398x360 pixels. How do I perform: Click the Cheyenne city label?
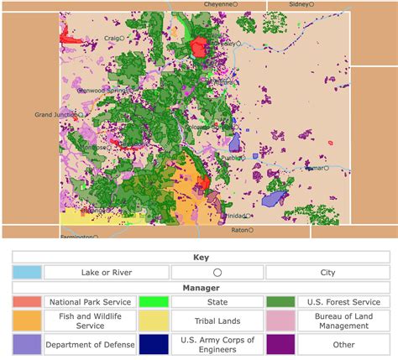click(x=217, y=4)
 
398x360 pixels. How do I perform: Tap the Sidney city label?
click(x=299, y=4)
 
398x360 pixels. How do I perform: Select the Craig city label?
click(x=111, y=38)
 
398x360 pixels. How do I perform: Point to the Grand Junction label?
click(x=55, y=115)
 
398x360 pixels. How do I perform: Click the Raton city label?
click(x=240, y=229)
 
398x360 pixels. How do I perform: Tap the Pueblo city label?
click(x=229, y=157)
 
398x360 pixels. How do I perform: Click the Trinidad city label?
click(x=234, y=216)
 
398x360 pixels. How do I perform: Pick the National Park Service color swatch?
click(x=27, y=302)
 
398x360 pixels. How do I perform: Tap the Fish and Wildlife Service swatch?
click(x=27, y=321)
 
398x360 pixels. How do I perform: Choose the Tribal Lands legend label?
click(x=217, y=321)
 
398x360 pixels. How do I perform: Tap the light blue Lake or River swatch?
click(x=27, y=272)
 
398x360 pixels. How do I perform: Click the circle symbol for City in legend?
click(x=217, y=272)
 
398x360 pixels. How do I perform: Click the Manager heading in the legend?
click(x=199, y=287)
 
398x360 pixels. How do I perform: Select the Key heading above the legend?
click(x=199, y=258)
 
